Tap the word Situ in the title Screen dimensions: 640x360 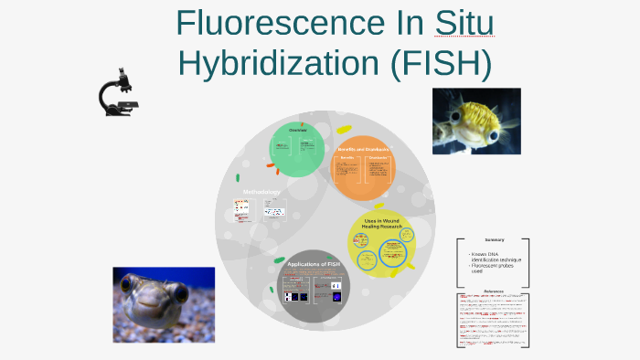(464, 23)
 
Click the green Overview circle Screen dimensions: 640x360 (298, 148)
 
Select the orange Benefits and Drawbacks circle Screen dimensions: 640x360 (363, 169)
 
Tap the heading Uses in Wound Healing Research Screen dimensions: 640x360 (383, 225)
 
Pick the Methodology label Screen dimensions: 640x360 (261, 192)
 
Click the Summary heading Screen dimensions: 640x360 (495, 240)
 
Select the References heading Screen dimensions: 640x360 (494, 288)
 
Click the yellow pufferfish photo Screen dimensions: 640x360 (476, 121)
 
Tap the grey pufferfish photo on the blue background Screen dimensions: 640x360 (163, 304)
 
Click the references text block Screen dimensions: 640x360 (494, 320)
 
